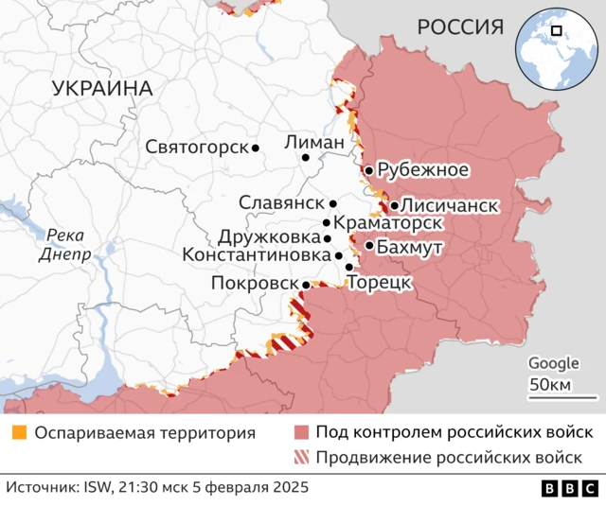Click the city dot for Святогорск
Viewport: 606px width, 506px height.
click(x=256, y=148)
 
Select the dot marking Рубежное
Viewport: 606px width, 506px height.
click(x=368, y=170)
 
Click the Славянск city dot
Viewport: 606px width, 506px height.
click(x=333, y=203)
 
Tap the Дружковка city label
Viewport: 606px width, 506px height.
click(x=268, y=237)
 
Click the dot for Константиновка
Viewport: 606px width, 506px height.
click(x=339, y=255)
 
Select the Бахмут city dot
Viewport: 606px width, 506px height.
click(x=368, y=246)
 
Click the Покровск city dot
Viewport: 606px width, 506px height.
click(x=306, y=284)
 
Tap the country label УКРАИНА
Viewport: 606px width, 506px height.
click(x=102, y=88)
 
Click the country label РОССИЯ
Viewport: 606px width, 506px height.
click(x=460, y=27)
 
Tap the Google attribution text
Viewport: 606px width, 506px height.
click(x=553, y=362)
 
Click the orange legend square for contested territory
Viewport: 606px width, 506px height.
click(x=19, y=433)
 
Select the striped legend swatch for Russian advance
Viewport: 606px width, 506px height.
click(x=301, y=459)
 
